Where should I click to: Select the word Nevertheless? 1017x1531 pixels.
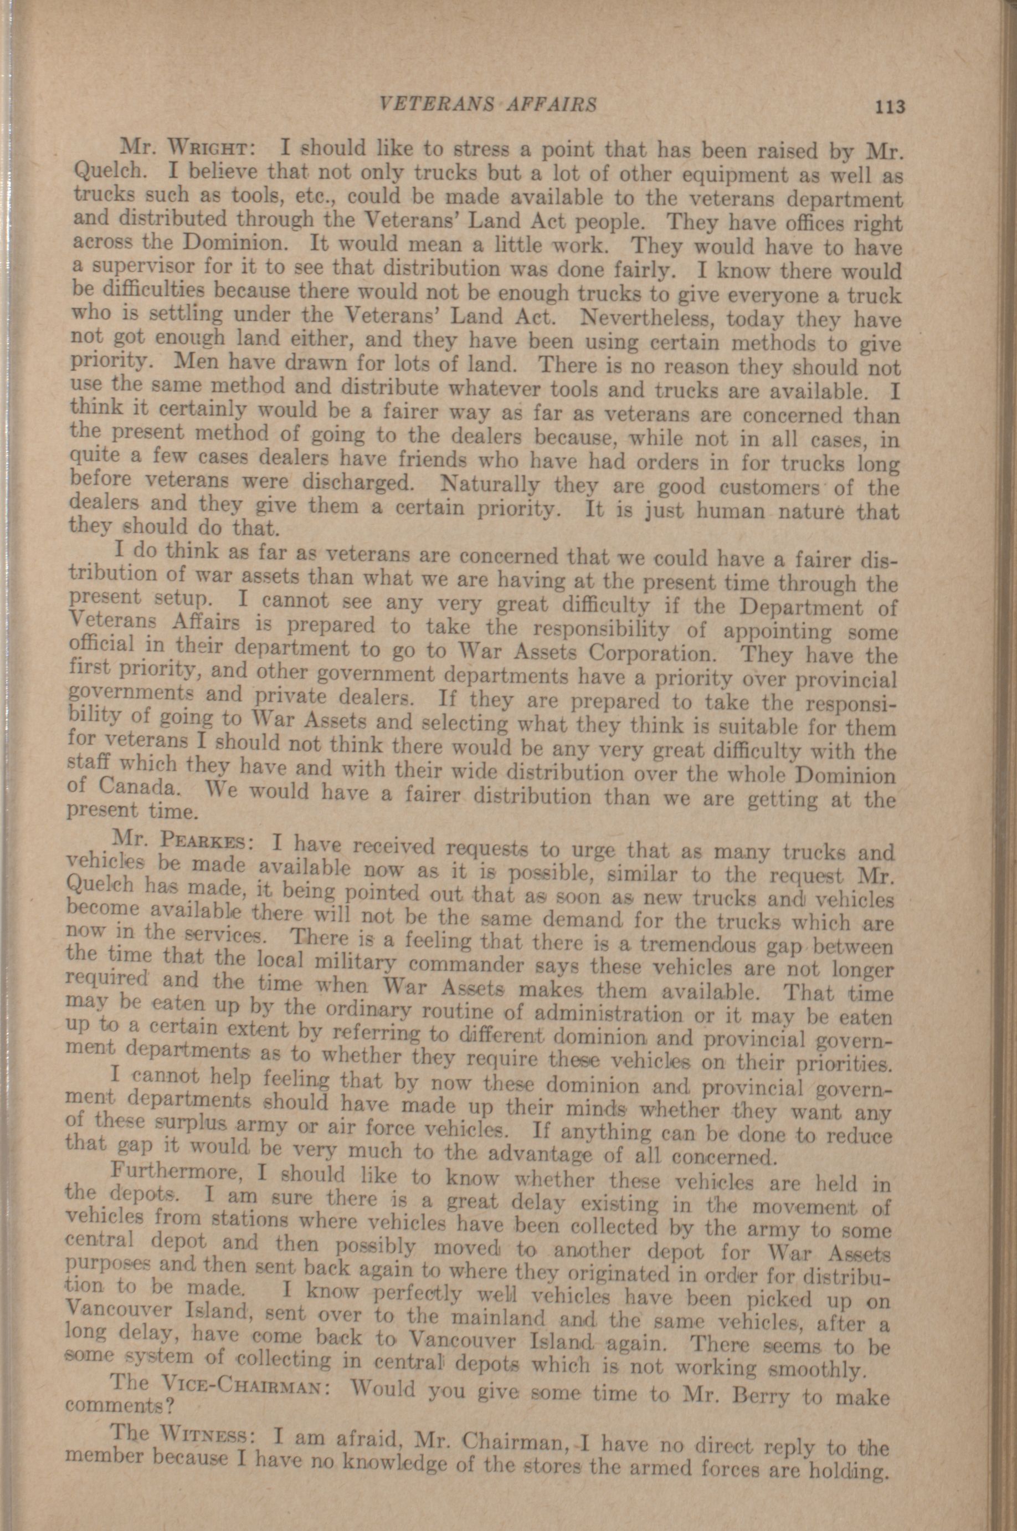coord(648,318)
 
